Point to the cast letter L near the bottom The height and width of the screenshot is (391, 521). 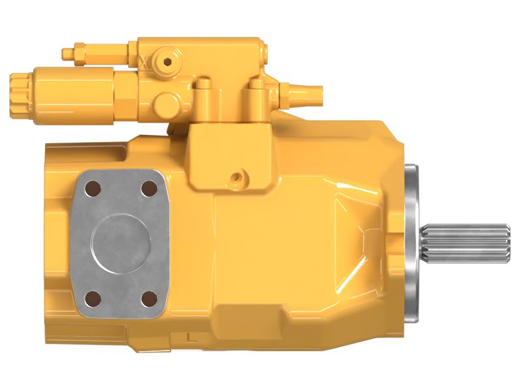pos(190,338)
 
